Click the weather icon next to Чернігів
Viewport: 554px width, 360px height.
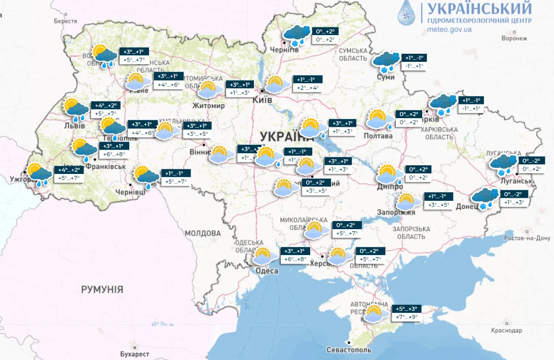[297, 34]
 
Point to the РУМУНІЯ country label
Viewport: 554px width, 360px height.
[102, 290]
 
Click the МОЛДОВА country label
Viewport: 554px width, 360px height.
[203, 233]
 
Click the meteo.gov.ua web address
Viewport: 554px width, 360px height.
[450, 29]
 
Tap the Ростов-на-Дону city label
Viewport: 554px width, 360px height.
[528, 238]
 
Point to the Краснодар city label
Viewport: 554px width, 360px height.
[506, 330]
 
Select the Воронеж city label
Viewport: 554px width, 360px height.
[513, 39]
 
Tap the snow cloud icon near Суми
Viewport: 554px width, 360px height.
[387, 61]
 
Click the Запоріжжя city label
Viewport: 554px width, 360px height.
[397, 213]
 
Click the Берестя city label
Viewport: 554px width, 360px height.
[65, 22]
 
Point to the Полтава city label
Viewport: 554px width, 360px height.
[378, 136]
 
